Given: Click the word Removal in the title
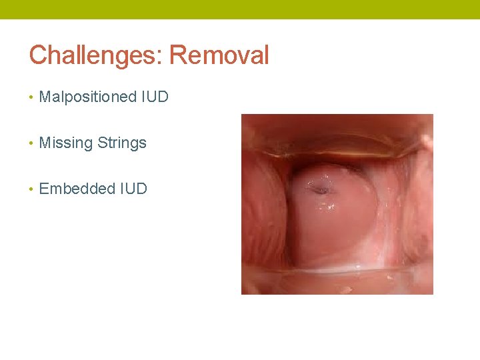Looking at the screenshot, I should click(x=219, y=55).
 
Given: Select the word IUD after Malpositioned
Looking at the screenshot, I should click(x=155, y=97).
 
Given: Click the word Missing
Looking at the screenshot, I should click(x=66, y=143).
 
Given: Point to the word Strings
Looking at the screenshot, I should click(x=122, y=143).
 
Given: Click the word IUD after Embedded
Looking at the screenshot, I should click(x=133, y=189).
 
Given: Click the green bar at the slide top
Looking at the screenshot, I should click(x=240, y=9).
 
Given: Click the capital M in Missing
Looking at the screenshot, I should click(x=45, y=143).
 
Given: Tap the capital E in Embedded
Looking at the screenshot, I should click(x=44, y=189).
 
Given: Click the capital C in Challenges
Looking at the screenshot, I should click(x=37, y=55).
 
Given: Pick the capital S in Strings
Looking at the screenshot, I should click(x=102, y=143).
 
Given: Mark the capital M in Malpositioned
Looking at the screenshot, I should click(x=45, y=97).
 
